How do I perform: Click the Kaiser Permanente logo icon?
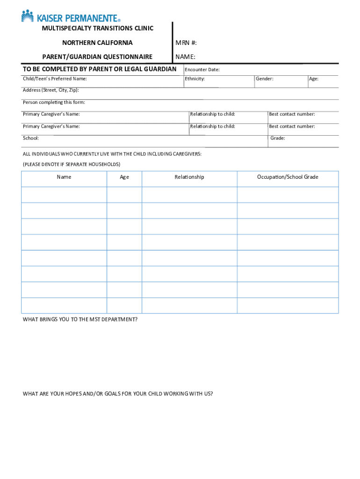(x=28, y=16)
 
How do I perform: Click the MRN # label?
(x=186, y=43)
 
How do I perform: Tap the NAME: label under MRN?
(x=185, y=57)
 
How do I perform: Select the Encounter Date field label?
(x=202, y=70)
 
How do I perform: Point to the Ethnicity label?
(x=194, y=79)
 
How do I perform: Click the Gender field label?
(x=265, y=79)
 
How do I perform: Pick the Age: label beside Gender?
(x=314, y=79)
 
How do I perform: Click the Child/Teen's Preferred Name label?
(x=55, y=79)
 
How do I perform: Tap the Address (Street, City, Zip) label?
(x=51, y=90)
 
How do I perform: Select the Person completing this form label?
(x=54, y=102)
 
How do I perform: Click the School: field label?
(x=31, y=138)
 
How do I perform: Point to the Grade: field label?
(x=278, y=138)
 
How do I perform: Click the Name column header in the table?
(x=64, y=177)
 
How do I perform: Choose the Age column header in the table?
(x=124, y=177)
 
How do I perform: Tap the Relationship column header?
(x=189, y=177)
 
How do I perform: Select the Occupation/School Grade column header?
(x=288, y=177)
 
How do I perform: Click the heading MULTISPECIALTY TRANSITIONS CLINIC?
(x=97, y=29)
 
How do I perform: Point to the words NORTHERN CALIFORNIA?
(x=97, y=43)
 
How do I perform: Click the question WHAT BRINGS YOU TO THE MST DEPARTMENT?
(x=80, y=319)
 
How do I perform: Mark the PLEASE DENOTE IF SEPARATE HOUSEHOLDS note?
(x=72, y=164)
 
